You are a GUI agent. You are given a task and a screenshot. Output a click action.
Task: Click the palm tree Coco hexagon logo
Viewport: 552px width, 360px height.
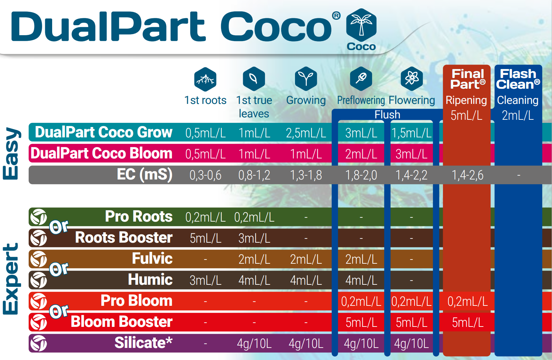361,25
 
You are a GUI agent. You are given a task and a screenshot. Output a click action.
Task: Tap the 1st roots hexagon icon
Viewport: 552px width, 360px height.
205,79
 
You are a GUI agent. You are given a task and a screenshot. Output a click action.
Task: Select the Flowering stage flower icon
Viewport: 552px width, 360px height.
411,79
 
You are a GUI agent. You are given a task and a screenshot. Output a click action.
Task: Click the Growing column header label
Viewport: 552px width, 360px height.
306,100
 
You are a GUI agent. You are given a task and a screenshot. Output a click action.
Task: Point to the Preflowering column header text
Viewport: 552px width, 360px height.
361,100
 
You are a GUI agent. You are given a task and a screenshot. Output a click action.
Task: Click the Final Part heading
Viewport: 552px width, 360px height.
468,79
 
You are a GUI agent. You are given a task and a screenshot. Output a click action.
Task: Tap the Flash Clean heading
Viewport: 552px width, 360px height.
518,79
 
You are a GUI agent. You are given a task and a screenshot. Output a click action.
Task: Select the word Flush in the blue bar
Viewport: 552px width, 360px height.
387,115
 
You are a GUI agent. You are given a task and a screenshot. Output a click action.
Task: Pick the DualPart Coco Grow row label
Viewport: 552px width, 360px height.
104,132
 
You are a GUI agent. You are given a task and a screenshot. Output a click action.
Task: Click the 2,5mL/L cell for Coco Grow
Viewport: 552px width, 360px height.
306,133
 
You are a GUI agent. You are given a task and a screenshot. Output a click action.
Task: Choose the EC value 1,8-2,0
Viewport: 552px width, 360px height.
361,175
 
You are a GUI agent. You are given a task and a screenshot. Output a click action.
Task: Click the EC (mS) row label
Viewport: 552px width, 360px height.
144,175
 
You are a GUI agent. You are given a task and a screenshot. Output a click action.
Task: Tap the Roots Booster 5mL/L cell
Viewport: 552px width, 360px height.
205,239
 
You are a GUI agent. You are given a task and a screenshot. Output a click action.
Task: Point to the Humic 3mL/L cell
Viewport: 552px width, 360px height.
205,281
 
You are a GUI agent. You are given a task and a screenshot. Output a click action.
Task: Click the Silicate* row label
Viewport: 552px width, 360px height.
143,343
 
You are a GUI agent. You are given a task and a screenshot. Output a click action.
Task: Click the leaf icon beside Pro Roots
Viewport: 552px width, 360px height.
38,217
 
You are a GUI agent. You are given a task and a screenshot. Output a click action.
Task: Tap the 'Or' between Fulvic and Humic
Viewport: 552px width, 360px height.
59,269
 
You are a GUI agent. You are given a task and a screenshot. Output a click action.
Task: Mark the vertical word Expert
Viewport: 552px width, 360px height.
11,279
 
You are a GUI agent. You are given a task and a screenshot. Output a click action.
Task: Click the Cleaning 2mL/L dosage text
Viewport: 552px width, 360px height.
518,116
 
